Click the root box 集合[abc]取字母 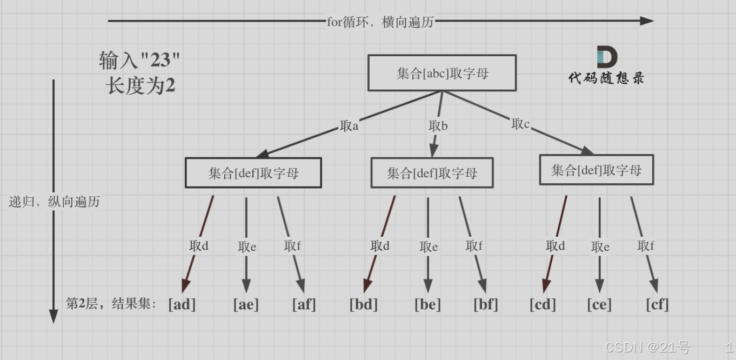click(x=442, y=73)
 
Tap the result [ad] click(x=182, y=304)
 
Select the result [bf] click(x=485, y=304)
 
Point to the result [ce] click(x=599, y=304)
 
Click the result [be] click(x=427, y=304)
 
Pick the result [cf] click(x=657, y=304)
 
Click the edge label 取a click(x=349, y=126)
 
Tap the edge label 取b click(x=438, y=126)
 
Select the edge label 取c click(x=520, y=124)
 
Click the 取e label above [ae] click(x=247, y=247)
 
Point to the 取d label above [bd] click(x=380, y=246)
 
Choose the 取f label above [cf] click(x=646, y=246)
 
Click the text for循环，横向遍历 click(x=380, y=22)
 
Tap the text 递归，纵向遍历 click(x=55, y=202)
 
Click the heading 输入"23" click(x=139, y=61)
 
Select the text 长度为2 click(x=140, y=86)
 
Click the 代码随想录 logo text click(x=606, y=78)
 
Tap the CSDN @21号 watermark click(x=647, y=347)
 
